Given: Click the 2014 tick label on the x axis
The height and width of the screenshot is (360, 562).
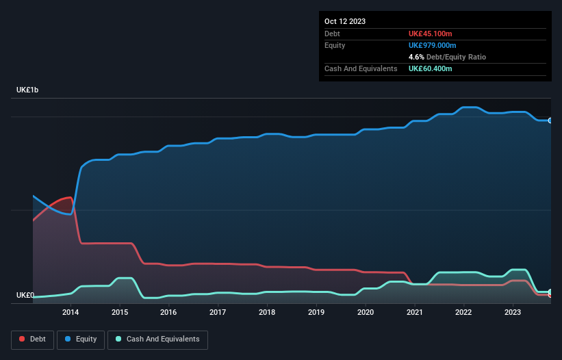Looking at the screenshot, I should pos(71,312).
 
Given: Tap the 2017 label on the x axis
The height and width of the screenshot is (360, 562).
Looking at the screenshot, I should pos(218,312).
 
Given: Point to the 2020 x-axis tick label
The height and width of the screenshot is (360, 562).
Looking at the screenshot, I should pos(366,312).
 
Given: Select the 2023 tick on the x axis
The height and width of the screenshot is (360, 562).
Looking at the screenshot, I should pos(513,312).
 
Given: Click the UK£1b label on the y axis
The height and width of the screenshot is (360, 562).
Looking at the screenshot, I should pos(28,90).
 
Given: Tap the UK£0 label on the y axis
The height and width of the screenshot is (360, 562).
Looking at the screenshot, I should pos(25,296).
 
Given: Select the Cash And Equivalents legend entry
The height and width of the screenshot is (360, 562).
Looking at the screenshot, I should pos(157,339).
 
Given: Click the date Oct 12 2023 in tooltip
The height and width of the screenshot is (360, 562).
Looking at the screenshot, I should pos(345,21).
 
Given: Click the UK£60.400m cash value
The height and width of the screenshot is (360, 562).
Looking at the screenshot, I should pos(430,68).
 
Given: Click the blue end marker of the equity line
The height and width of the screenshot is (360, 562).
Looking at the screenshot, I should pos(550,120).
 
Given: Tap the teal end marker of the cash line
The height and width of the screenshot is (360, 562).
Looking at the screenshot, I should pos(550,292).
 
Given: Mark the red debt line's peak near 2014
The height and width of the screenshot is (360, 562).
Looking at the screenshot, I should pos(70,197).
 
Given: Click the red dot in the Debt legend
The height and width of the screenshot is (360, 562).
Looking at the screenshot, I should pos(23,339).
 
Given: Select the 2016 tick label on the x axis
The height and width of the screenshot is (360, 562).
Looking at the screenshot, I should pos(168,312).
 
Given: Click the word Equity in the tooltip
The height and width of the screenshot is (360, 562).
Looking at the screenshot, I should pos(335,45).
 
